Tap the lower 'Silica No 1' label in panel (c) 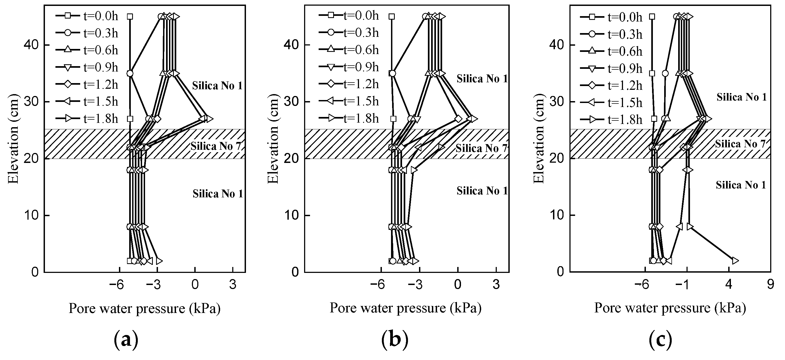pos(741,185)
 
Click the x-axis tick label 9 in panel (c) pos(770,285)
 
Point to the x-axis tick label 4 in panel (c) pos(728,285)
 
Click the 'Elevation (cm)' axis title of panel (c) pos(539,140)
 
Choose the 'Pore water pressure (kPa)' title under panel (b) pos(406,308)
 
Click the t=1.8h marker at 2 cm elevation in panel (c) pos(735,261)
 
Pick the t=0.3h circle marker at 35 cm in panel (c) pos(665,73)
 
